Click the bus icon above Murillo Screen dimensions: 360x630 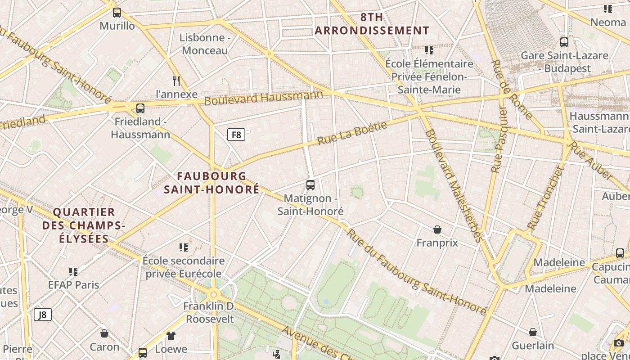coord(117,13)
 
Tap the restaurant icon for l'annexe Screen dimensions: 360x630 coord(176,81)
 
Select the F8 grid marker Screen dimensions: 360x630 coord(236,135)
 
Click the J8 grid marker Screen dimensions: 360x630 coord(43,315)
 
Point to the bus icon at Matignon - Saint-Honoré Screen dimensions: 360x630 coord(310,185)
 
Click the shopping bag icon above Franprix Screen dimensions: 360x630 coord(437,230)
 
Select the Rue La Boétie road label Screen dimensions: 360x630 coord(352,133)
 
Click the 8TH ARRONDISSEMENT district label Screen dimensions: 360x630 coord(372,24)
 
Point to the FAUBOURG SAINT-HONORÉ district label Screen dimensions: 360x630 coord(211,183)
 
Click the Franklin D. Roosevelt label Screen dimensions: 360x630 coord(210,313)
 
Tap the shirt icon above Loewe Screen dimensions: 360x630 coord(171,335)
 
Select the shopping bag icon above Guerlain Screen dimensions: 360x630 coord(533,333)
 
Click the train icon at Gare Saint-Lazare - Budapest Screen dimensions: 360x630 coord(564,42)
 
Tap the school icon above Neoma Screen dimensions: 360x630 coord(608,9)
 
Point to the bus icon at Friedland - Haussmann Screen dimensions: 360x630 coord(140,108)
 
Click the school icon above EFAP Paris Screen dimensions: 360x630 coord(74,272)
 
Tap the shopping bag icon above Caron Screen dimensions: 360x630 coord(104,333)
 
